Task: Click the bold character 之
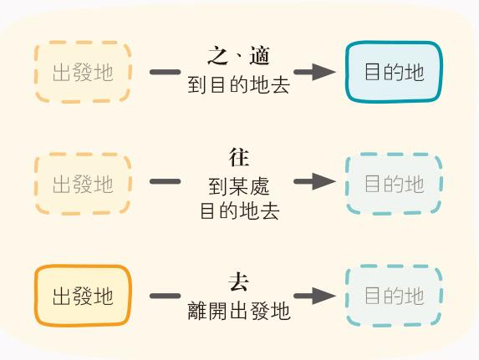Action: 218,56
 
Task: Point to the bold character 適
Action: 259,56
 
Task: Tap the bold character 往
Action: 239,158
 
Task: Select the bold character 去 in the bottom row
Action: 239,282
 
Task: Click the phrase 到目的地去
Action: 238,84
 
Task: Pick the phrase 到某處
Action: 239,186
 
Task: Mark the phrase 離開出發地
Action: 238,311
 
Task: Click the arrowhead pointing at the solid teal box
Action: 324,72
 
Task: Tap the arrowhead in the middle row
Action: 324,181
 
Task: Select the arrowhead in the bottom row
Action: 324,296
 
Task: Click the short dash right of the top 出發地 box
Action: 165,72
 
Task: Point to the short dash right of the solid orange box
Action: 165,296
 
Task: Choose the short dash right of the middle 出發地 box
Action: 165,181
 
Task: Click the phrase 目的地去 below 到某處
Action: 239,211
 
